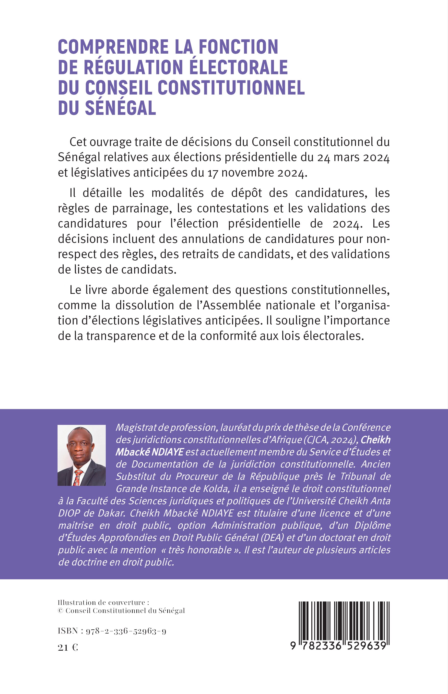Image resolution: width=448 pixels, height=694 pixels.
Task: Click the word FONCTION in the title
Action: point(238,47)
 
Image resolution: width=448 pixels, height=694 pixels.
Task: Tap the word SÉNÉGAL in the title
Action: point(120,108)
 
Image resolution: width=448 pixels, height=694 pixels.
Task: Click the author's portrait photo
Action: point(82,455)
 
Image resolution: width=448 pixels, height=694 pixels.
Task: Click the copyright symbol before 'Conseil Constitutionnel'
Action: point(60,610)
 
